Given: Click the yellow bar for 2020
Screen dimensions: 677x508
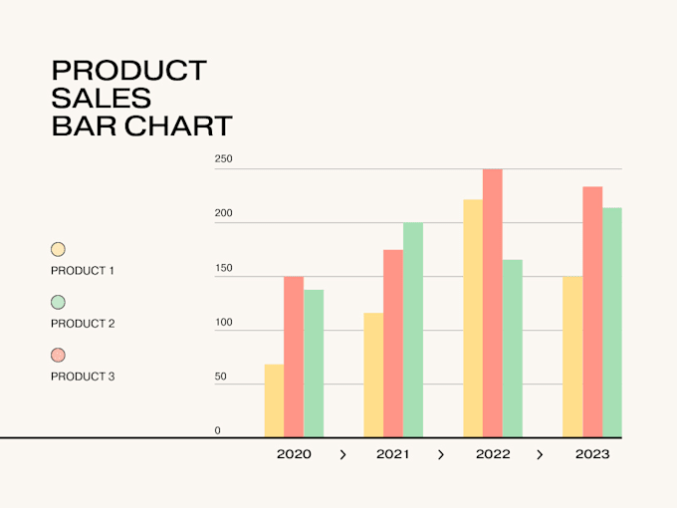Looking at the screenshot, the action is click(274, 400).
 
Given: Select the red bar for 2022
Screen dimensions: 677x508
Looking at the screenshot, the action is click(493, 303).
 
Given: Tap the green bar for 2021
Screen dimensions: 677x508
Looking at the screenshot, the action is click(413, 330).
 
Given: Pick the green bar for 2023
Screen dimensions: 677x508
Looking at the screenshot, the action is click(612, 323).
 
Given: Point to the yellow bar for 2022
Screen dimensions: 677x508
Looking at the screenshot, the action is click(473, 319).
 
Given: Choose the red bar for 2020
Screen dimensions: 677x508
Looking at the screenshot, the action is click(294, 357).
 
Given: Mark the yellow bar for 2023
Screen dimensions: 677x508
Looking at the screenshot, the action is click(572, 357).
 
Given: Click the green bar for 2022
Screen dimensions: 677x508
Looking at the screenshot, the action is click(513, 349).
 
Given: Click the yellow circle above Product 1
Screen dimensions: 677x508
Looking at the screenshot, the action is click(58, 249).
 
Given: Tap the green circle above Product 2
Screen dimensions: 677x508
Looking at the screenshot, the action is click(58, 303).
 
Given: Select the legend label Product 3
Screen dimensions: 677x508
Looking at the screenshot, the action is click(83, 377).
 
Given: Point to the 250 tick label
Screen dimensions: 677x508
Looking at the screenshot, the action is click(224, 159).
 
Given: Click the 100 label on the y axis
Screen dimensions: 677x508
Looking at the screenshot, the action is click(224, 323).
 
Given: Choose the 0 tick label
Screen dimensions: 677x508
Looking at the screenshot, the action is click(218, 430).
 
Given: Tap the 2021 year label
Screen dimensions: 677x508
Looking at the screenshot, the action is click(392, 454).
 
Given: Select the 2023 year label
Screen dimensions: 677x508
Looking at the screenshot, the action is click(592, 454).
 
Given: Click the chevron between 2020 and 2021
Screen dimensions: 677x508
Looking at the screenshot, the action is click(342, 454).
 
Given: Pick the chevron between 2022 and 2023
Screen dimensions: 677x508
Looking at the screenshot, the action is click(540, 454).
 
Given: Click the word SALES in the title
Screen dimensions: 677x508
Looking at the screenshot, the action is click(102, 98).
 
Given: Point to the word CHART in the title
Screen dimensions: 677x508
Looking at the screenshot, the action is click(179, 126).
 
